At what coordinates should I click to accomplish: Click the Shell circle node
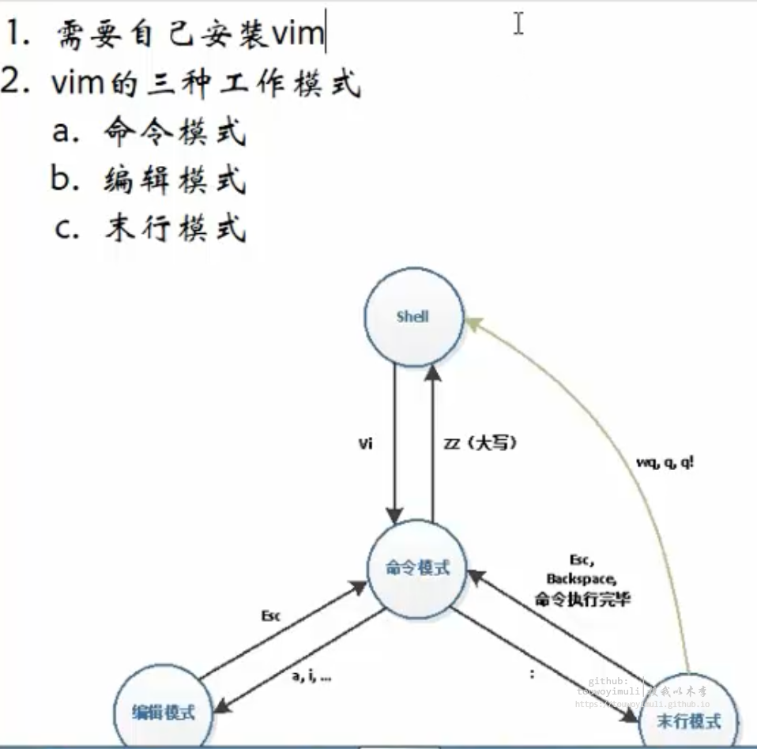[x=412, y=318]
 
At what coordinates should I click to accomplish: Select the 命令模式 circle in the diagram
[x=417, y=567]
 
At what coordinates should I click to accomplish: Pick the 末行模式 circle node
[x=689, y=720]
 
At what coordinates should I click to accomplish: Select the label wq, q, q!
[x=665, y=463]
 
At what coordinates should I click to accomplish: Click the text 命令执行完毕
[x=582, y=598]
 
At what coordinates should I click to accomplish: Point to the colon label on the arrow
[x=531, y=674]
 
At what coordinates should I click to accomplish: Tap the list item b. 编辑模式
[x=149, y=181]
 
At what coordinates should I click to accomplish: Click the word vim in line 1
[x=297, y=35]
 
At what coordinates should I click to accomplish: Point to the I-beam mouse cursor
[x=518, y=23]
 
